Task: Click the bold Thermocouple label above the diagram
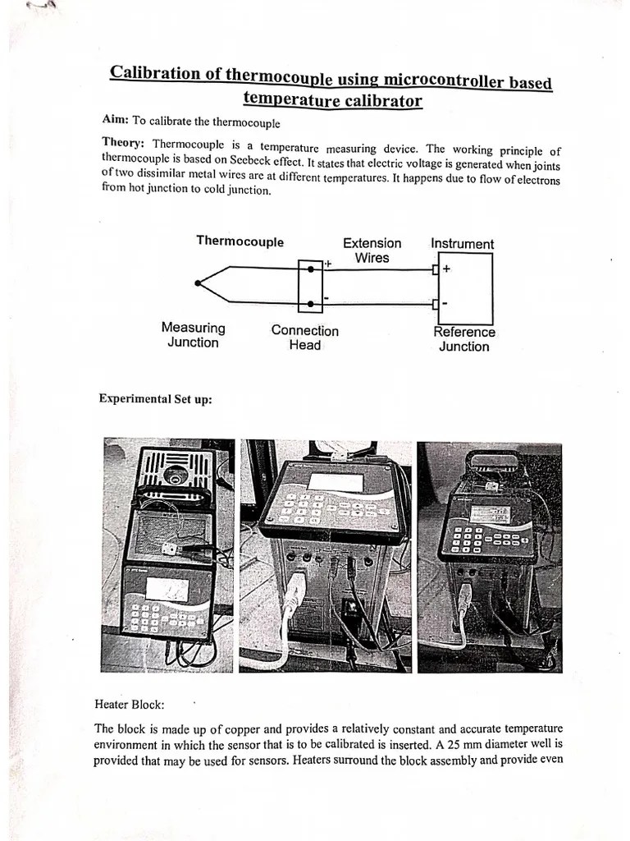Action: click(240, 241)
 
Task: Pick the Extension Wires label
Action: click(372, 250)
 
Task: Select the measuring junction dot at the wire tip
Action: click(198, 284)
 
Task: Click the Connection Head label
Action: click(304, 338)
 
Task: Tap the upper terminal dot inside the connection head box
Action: click(310, 268)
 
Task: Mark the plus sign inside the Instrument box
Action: click(446, 269)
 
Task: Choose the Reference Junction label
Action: click(463, 339)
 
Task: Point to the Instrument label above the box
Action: click(462, 244)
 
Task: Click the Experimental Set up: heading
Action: click(155, 399)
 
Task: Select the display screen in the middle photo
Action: click(335, 482)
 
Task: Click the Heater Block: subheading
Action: click(130, 705)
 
